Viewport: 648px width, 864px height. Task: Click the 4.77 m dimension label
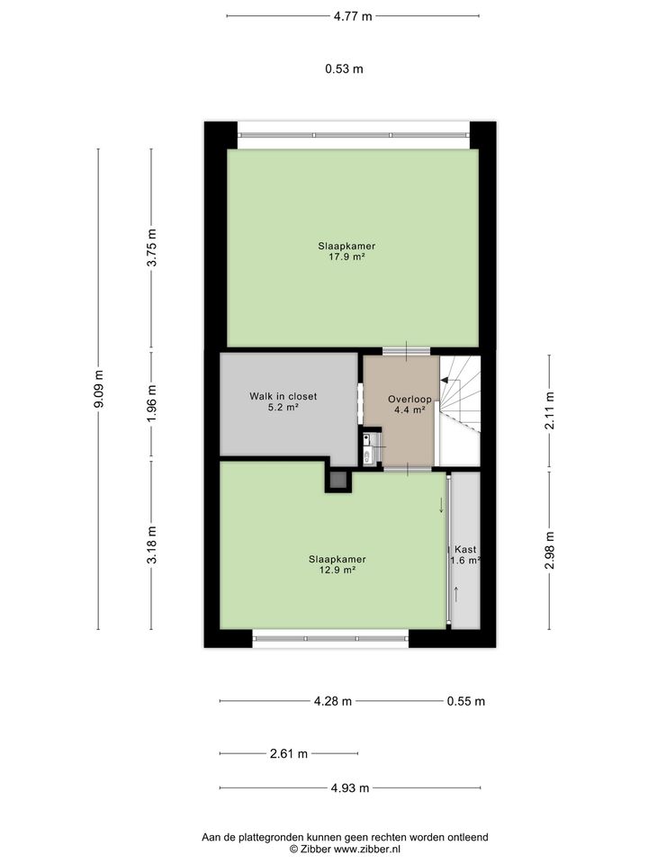click(x=353, y=15)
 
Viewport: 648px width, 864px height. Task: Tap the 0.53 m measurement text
click(x=344, y=68)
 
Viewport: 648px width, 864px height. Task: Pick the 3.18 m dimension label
click(x=152, y=544)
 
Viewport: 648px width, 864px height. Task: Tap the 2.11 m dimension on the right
click(x=549, y=411)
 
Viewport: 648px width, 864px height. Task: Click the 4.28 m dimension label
click(x=332, y=702)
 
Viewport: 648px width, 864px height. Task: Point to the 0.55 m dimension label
click(x=466, y=702)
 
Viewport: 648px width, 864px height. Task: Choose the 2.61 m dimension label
click(x=289, y=754)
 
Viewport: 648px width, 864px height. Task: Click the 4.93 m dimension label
click(x=350, y=788)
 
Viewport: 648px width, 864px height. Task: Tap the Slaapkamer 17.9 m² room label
click(x=346, y=251)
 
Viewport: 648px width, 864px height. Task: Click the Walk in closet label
click(x=283, y=401)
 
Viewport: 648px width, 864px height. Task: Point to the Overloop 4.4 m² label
click(x=409, y=404)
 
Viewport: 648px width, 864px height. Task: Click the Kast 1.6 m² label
click(x=465, y=554)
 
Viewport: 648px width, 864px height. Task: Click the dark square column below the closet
click(x=338, y=481)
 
